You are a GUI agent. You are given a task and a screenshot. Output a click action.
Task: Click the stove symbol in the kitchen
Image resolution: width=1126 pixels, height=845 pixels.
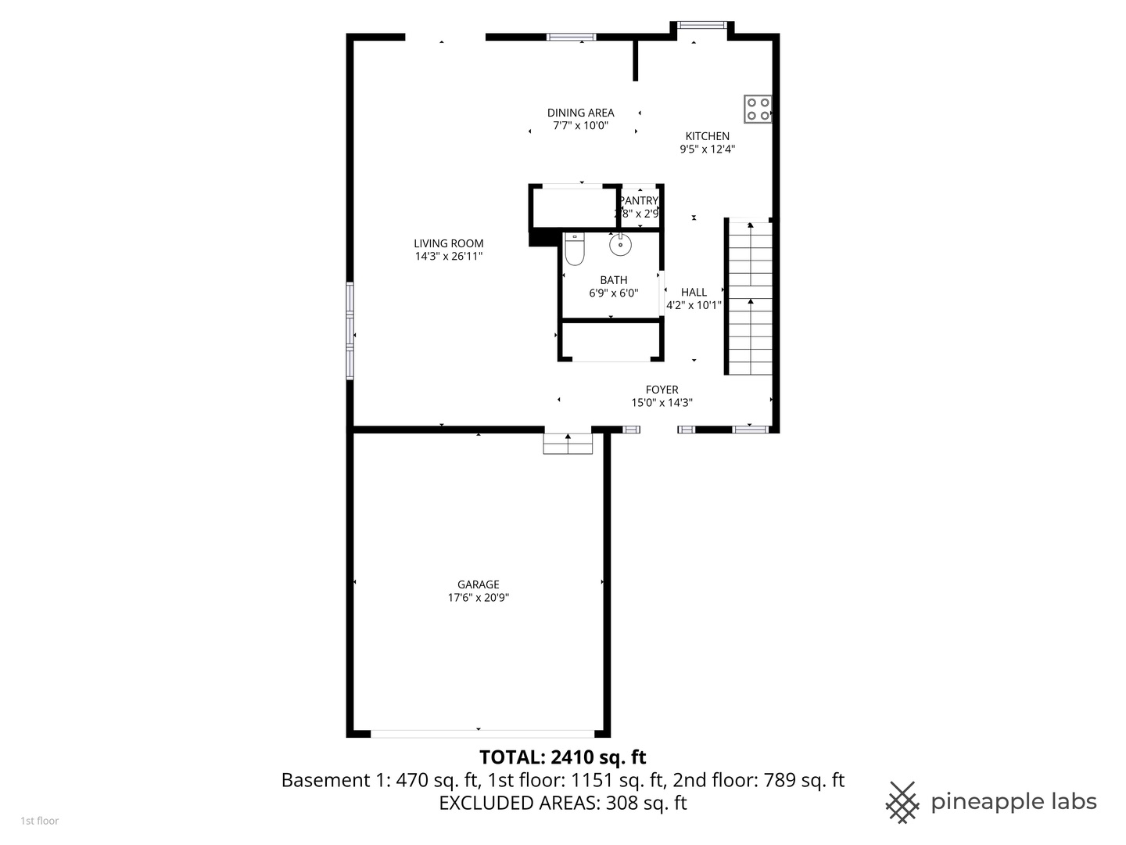point(758,109)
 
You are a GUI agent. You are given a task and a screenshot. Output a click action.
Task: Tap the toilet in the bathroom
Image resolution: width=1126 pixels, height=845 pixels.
point(575,250)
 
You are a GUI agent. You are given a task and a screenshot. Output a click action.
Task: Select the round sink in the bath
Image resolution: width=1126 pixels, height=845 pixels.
point(620,245)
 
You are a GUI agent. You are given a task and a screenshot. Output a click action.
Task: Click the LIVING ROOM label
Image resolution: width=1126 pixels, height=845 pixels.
point(449,243)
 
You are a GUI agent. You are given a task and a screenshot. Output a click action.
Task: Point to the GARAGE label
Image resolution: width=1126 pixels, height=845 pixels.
point(479,584)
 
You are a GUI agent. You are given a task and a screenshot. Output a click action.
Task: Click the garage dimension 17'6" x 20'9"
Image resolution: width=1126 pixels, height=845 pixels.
point(479,598)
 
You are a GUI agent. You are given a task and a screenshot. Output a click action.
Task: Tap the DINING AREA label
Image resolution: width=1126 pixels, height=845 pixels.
point(580,113)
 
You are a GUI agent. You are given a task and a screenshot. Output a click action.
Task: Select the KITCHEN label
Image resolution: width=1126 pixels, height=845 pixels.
point(708,136)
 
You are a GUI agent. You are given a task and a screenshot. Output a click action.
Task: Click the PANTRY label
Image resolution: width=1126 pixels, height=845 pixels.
point(640,201)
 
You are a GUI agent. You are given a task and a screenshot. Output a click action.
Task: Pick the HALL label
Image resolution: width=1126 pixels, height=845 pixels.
point(694,293)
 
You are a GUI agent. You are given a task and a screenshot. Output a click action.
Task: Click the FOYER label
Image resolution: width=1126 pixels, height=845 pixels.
point(662,390)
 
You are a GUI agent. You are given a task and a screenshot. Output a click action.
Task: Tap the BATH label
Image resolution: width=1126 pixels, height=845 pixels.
point(614,280)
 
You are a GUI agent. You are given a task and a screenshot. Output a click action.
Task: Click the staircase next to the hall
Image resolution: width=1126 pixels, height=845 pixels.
point(751,297)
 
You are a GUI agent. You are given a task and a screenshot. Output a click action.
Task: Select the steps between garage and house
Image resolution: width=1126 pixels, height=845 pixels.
point(568,444)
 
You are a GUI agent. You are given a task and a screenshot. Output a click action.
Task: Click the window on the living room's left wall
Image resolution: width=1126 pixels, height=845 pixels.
point(350,331)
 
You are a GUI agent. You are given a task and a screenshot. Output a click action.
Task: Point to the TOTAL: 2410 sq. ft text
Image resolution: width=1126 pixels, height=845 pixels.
point(562,757)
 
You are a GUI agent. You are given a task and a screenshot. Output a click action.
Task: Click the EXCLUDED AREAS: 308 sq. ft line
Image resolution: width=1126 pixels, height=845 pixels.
point(562,803)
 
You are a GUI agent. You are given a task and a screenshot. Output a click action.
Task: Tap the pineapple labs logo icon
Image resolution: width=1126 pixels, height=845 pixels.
point(902,802)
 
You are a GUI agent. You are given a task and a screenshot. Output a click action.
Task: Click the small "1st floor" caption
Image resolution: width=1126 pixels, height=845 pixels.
point(39,821)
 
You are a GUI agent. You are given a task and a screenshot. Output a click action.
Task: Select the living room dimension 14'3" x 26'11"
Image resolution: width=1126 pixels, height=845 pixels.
point(449,257)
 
